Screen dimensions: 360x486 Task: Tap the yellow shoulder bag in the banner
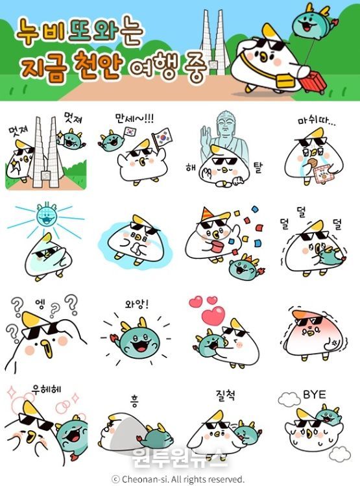click(285, 80)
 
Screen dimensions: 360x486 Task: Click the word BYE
click(314, 395)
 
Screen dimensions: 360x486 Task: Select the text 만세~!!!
click(134, 118)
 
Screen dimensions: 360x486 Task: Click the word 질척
click(226, 395)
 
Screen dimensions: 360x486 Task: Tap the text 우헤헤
click(47, 389)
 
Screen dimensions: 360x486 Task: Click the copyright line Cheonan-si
click(178, 479)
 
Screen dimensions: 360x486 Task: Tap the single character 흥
click(134, 401)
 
